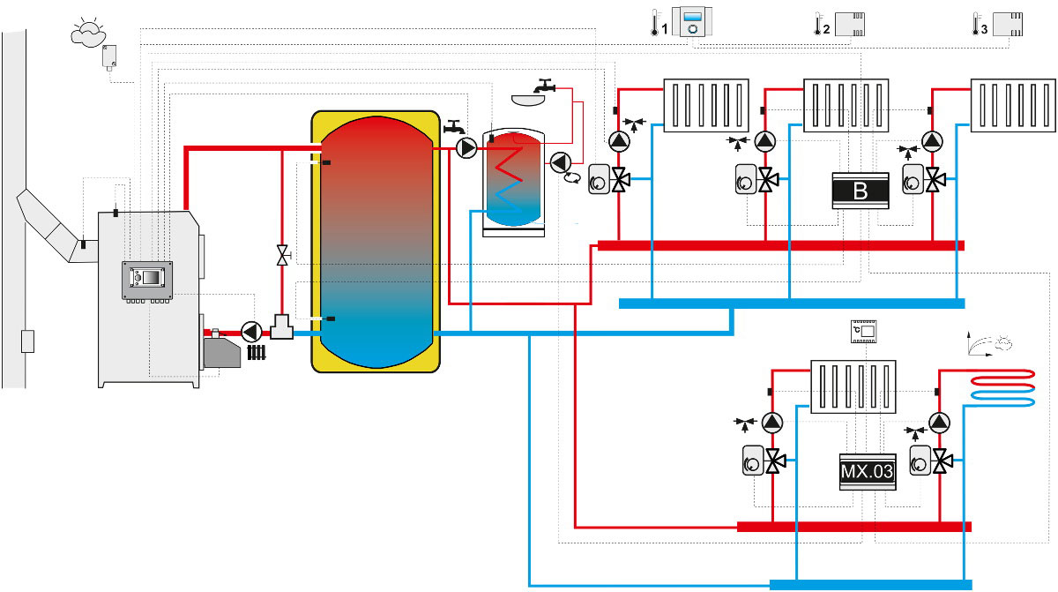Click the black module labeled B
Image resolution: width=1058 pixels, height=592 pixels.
click(x=860, y=190)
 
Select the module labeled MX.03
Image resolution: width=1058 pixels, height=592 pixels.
click(x=866, y=473)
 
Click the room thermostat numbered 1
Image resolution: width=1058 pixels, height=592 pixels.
click(x=692, y=21)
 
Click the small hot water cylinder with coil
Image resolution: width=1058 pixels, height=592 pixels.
click(x=513, y=181)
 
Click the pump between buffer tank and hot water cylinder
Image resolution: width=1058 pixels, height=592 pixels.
click(x=466, y=148)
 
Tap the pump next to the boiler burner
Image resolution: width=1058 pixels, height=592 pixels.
click(x=251, y=332)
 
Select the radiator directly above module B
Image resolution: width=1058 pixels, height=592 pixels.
click(x=843, y=106)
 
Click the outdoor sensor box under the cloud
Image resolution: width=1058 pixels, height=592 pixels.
click(x=110, y=56)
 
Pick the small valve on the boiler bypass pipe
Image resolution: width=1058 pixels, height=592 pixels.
click(x=281, y=257)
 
